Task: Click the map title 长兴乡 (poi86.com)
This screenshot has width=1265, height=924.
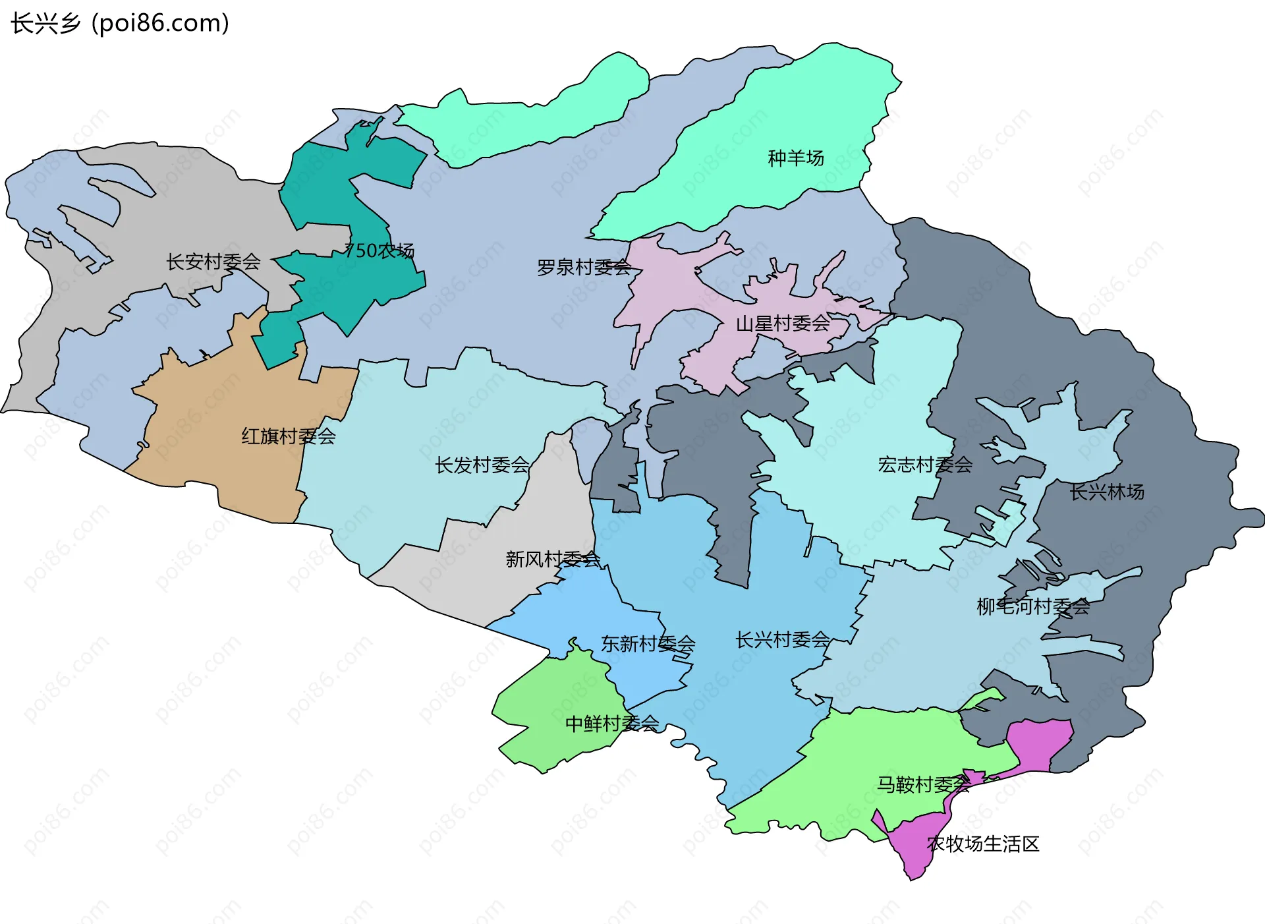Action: pos(120,24)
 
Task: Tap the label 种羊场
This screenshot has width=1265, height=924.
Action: pos(795,158)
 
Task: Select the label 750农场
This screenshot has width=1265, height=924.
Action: pos(379,251)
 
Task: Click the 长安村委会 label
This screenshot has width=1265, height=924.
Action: pos(213,262)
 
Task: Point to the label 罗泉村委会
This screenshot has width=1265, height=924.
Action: pos(584,268)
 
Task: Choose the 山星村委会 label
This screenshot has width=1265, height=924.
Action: pos(782,324)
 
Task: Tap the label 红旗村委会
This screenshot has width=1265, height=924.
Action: pos(288,436)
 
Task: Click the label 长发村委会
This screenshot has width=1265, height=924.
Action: pos(482,465)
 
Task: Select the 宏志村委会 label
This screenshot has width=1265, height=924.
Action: pos(924,465)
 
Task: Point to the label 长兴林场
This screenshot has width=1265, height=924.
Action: pos(1106,492)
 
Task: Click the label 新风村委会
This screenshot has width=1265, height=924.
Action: pos(552,560)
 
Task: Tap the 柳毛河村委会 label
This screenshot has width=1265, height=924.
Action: pos(1032,606)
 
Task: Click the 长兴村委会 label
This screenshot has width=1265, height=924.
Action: pos(782,640)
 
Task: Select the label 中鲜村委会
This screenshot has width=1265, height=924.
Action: pos(611,724)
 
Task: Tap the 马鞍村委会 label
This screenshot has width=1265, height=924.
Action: pos(922,784)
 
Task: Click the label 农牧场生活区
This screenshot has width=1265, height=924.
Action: pos(982,844)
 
